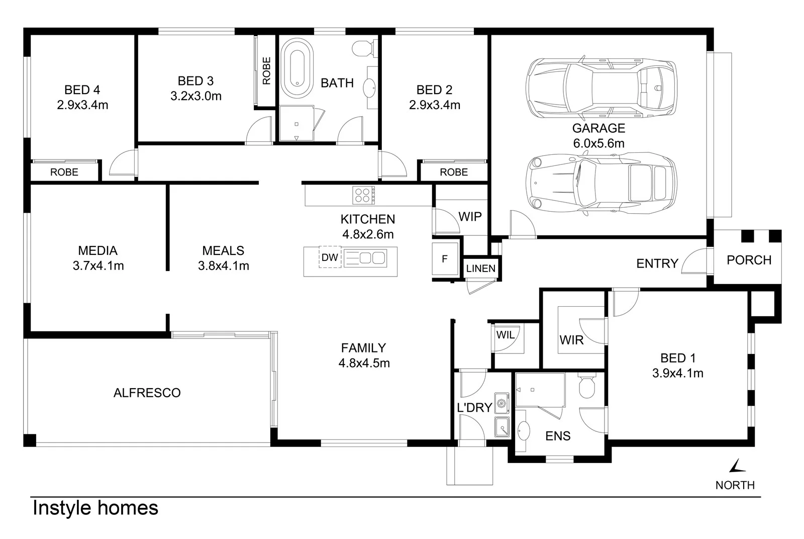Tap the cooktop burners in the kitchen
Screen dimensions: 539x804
coord(363,195)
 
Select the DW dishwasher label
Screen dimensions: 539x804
coord(330,258)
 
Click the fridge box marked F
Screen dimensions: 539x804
coord(445,259)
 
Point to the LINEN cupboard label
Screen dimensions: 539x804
coord(480,268)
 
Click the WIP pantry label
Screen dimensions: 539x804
coord(470,217)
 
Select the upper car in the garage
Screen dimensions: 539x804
coord(601,87)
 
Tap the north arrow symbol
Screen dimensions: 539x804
coord(737,466)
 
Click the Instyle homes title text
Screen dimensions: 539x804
coord(95,508)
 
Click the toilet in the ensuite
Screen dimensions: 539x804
coord(586,386)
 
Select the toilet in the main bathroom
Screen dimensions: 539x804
coord(362,49)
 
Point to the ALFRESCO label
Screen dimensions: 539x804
coord(147,393)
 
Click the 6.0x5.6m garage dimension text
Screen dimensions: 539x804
coord(598,143)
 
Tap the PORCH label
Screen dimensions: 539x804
coord(749,260)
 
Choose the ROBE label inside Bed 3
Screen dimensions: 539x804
coord(266,70)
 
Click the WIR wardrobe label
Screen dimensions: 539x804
coord(571,340)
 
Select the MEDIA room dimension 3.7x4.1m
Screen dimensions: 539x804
coord(98,266)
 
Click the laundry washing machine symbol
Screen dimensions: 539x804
coord(501,403)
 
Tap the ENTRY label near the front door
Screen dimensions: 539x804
coord(657,263)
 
